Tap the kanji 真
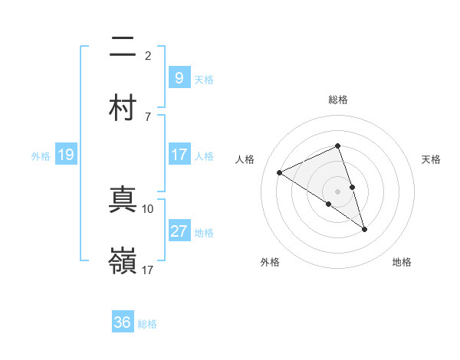123,201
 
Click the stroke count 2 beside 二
148,55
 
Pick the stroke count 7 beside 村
148,116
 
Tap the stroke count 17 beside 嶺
148,270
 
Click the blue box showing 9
179,77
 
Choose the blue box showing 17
179,155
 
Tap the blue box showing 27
179,232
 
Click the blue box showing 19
65,155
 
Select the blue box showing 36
123,322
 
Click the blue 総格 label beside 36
147,324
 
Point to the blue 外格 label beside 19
41,156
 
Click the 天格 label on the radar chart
431,159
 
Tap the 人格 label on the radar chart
245,159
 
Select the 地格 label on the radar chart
402,262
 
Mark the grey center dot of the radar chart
337,191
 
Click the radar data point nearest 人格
280,172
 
